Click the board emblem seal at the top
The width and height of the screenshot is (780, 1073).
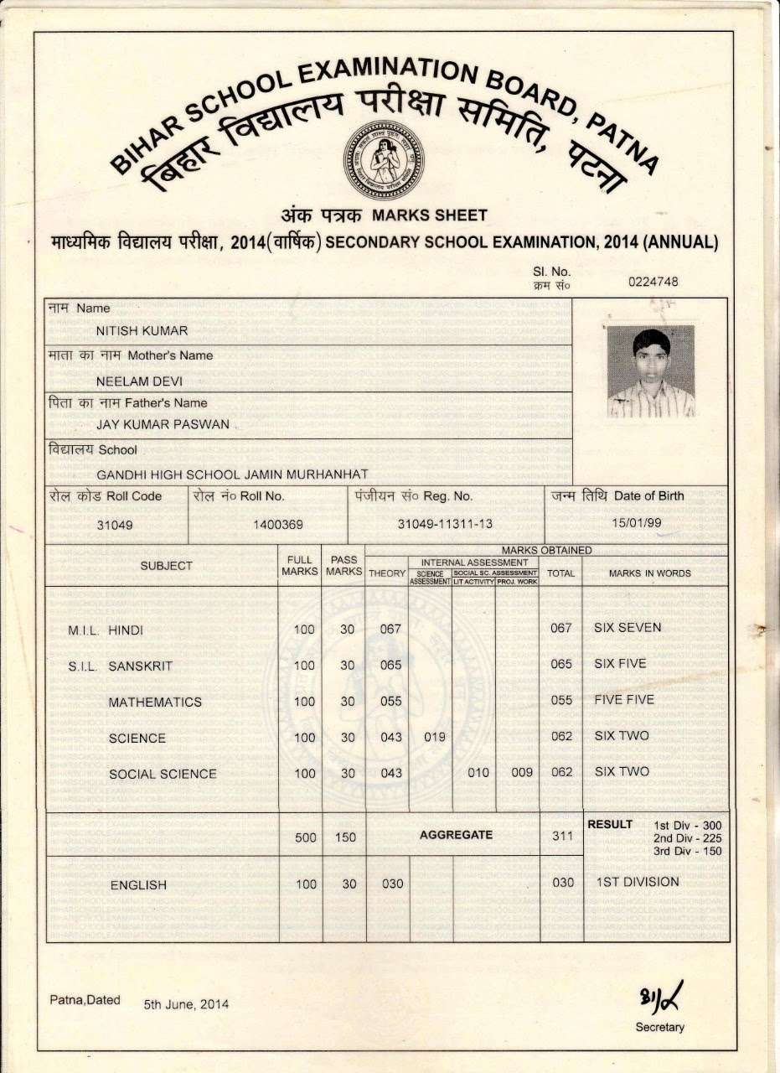click(x=385, y=160)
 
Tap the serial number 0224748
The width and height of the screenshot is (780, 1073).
click(x=653, y=282)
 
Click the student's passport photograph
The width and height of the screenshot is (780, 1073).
click(x=651, y=371)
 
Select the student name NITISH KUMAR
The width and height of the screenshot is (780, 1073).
click(x=142, y=330)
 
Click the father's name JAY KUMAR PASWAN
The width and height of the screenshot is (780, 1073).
click(x=163, y=424)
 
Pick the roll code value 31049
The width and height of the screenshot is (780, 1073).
click(x=115, y=525)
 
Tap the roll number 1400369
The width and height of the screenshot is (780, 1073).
click(x=277, y=525)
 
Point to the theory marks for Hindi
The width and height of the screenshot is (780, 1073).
click(x=391, y=629)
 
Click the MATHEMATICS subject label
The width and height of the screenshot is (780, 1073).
click(x=155, y=702)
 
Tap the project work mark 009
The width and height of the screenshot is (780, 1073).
click(x=522, y=773)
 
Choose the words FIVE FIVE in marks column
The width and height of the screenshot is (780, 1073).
click(x=624, y=699)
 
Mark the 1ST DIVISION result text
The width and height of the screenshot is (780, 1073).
click(x=638, y=882)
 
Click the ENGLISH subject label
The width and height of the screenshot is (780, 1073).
click(x=138, y=884)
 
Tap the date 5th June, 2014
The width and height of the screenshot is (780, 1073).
click(x=186, y=1004)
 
